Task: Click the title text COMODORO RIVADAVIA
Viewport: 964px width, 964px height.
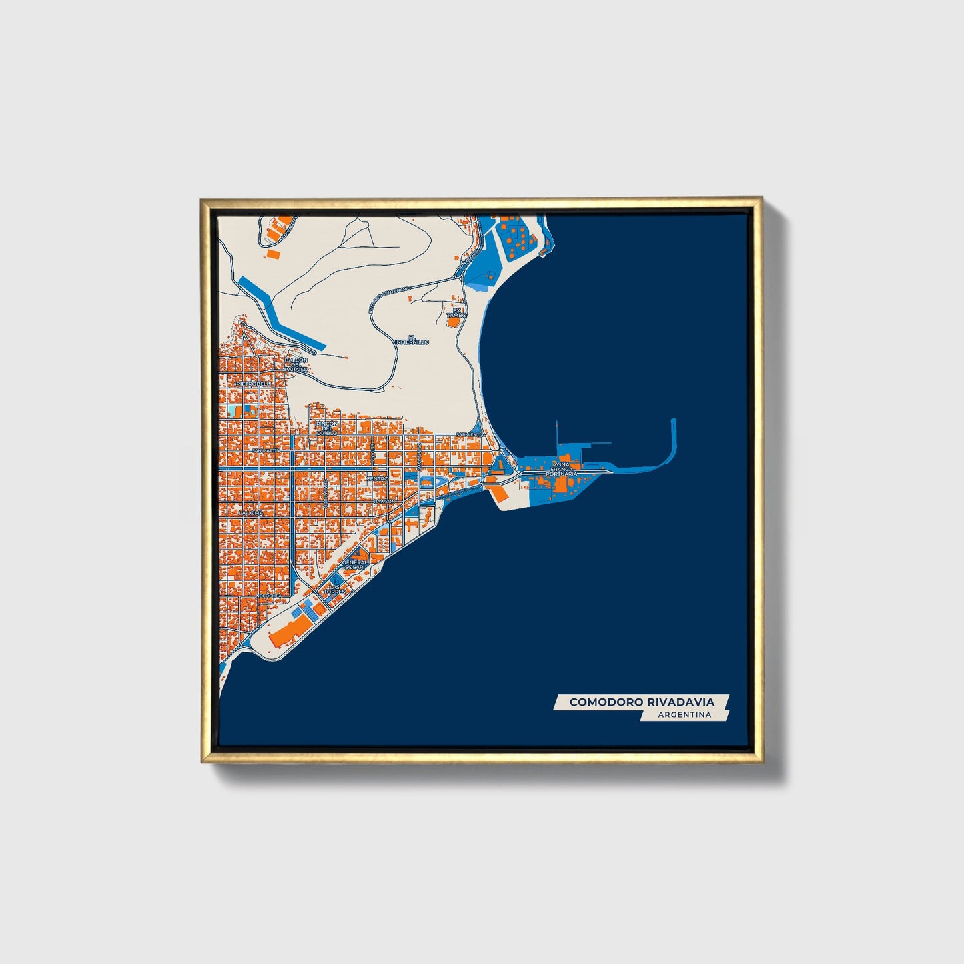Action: tap(641, 702)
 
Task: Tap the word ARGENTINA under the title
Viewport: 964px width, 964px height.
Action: tap(684, 715)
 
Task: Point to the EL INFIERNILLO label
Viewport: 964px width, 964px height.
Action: tap(412, 340)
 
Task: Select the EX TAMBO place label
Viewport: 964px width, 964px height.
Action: tap(456, 312)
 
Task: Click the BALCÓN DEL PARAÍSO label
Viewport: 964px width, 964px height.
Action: tap(296, 364)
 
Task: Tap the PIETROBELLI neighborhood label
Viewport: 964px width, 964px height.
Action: tap(254, 384)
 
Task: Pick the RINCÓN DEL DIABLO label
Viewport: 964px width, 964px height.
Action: tap(327, 428)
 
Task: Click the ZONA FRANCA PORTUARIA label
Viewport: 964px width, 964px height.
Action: tap(561, 468)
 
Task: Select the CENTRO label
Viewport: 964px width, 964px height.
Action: tap(377, 479)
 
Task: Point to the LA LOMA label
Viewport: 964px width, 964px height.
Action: tap(251, 514)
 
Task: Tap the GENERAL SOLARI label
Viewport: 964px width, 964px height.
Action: tap(354, 564)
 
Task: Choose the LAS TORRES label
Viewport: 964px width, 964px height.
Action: tap(334, 589)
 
